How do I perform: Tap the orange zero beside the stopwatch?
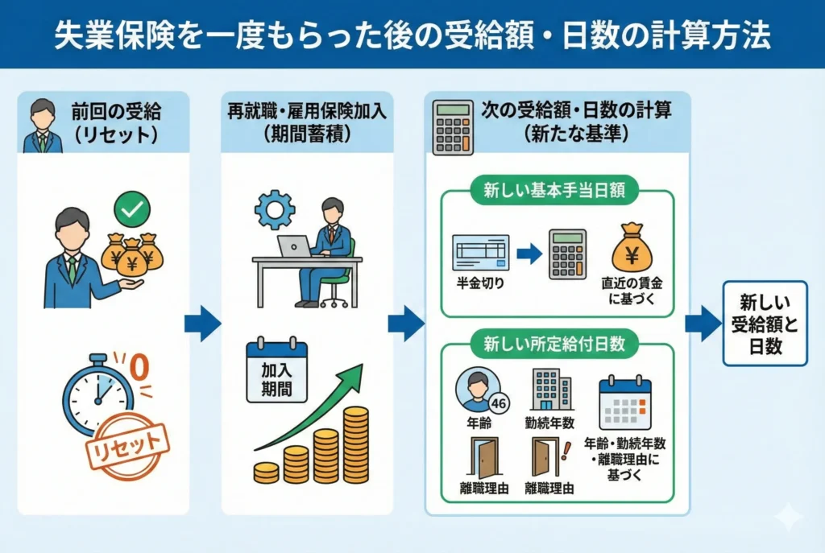click(139, 368)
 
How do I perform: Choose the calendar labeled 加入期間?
click(276, 371)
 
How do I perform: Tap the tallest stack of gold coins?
click(355, 444)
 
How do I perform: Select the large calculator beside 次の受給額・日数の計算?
click(453, 127)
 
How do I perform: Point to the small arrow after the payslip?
click(529, 254)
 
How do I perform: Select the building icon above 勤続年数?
click(552, 390)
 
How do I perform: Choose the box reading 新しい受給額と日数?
click(765, 323)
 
